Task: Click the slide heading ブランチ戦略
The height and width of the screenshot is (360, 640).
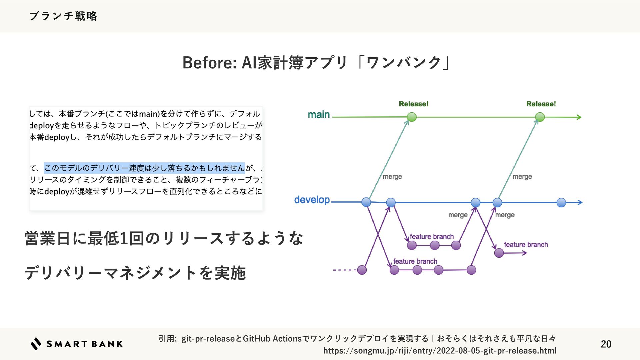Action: (x=63, y=16)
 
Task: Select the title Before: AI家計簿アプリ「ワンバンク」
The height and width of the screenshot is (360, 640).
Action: (x=316, y=63)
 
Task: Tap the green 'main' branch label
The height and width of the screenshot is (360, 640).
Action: (x=319, y=115)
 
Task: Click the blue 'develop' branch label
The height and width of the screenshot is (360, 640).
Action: (x=312, y=200)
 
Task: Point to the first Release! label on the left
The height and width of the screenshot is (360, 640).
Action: (x=413, y=104)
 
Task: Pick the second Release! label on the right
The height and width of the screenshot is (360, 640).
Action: (x=541, y=104)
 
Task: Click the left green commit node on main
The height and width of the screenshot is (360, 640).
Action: (x=412, y=117)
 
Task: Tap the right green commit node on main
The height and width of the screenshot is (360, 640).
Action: (x=540, y=117)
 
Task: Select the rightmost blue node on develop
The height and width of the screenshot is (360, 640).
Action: (x=561, y=202)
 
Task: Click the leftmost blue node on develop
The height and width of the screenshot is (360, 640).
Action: (x=366, y=202)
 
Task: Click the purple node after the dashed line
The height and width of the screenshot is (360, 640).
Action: (x=362, y=270)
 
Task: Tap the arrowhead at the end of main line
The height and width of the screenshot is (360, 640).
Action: (x=579, y=117)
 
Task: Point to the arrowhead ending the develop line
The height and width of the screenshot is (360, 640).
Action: (x=580, y=202)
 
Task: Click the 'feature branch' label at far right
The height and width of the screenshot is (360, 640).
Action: (x=526, y=245)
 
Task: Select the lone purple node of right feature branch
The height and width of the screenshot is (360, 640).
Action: (x=499, y=253)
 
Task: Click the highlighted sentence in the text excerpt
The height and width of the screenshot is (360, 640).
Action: (x=144, y=168)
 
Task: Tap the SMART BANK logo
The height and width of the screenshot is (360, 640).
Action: (x=77, y=344)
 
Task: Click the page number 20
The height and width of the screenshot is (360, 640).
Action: (x=606, y=344)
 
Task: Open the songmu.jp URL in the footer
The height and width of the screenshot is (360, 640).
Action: (x=440, y=351)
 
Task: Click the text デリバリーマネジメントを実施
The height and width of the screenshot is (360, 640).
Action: (x=135, y=273)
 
